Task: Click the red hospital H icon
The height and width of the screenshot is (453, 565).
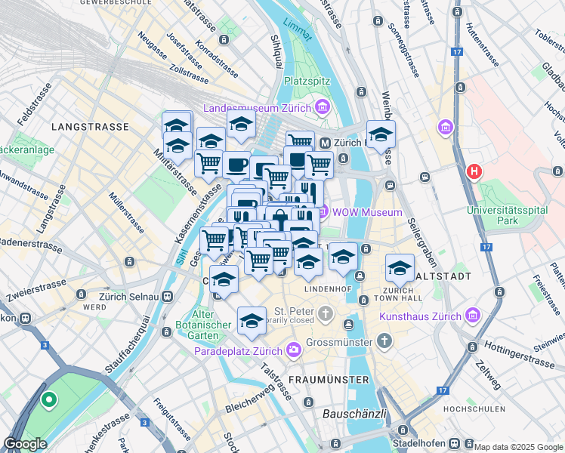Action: click(474, 171)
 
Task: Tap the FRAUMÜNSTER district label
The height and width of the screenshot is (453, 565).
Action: click(329, 379)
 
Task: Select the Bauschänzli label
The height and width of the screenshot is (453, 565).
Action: click(355, 414)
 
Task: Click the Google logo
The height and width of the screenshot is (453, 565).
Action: click(26, 444)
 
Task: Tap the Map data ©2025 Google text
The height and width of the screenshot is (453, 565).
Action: click(518, 447)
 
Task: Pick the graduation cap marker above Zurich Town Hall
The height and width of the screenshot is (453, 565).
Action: click(400, 267)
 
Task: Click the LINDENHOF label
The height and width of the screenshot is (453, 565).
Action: click(326, 289)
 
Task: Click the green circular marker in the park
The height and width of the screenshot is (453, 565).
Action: click(49, 401)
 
